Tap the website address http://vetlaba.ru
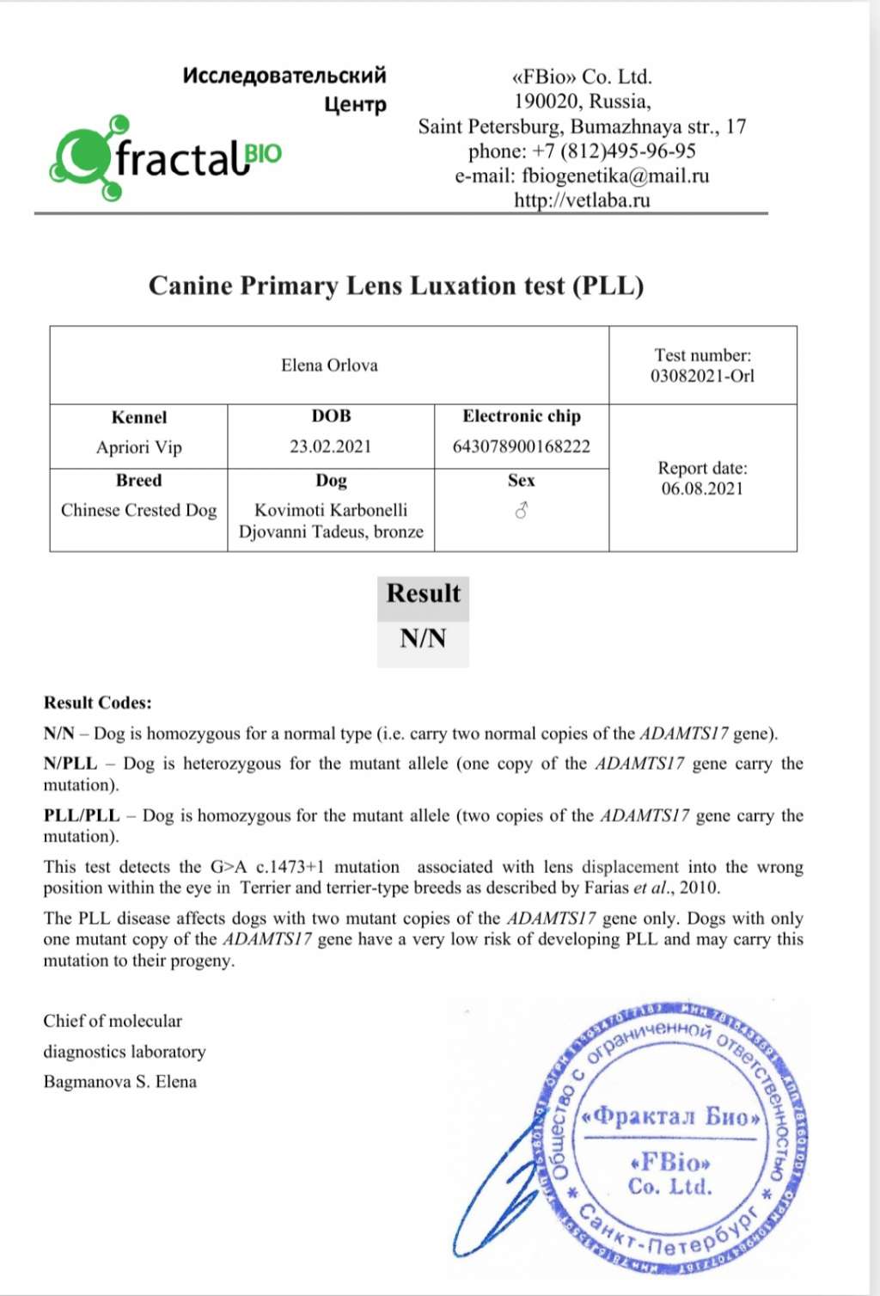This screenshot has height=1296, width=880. (x=582, y=200)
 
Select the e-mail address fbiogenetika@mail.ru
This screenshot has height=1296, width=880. (x=615, y=176)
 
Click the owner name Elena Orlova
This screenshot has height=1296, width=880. (x=329, y=365)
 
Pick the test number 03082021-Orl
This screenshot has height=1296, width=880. (x=702, y=376)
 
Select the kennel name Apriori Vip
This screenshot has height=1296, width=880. (x=139, y=447)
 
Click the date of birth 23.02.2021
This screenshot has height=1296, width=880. (x=331, y=446)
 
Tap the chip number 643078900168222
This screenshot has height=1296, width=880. (x=522, y=446)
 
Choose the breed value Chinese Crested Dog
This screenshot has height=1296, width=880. (x=139, y=510)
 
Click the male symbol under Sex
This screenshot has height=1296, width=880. (x=521, y=511)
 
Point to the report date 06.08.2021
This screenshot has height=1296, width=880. (x=702, y=488)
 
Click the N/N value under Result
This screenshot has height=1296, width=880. (x=423, y=638)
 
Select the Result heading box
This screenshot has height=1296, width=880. (x=423, y=593)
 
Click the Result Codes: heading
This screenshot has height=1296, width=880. (x=98, y=703)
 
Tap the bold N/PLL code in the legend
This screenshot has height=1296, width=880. (x=70, y=764)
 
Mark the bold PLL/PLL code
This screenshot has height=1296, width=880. (x=82, y=815)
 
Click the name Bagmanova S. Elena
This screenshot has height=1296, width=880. (x=120, y=1082)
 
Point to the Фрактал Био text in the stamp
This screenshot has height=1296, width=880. (x=671, y=1116)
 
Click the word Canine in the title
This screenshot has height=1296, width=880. (x=190, y=286)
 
